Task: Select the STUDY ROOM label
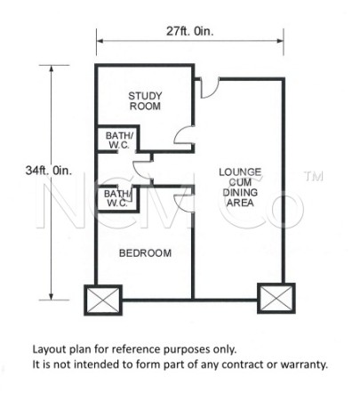point(143,100)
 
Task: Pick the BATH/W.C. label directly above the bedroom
point(116,196)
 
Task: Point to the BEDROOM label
point(145,252)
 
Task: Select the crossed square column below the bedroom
point(100,299)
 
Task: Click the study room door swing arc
point(183,137)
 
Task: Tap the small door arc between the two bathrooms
point(139,169)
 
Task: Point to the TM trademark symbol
point(311,177)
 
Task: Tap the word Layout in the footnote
point(49,348)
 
